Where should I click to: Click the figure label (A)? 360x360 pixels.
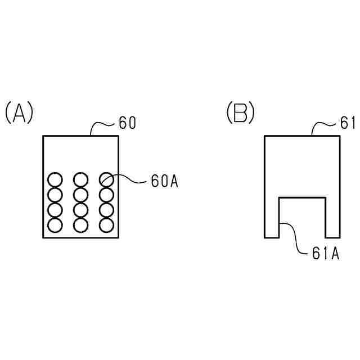point(19,112)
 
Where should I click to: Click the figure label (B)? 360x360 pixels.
point(240,112)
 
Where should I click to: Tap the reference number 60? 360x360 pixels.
point(128,123)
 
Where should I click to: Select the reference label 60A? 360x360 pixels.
point(164,181)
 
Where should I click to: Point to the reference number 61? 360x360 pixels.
point(348,123)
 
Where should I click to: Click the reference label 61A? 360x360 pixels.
point(325,254)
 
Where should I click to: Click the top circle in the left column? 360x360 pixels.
point(55,180)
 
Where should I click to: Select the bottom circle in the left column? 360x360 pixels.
point(55,225)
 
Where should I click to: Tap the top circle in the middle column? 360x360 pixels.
point(80,180)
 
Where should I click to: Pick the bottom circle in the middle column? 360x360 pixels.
point(80,225)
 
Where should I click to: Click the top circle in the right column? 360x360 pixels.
point(106,180)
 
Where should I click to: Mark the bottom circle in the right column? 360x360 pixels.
point(106,225)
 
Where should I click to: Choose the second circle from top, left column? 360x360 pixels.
point(55,195)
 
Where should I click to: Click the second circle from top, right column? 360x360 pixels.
point(106,195)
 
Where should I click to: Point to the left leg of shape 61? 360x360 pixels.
point(272,219)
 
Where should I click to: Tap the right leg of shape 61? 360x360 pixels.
point(332,219)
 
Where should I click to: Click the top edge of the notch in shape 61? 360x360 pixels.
point(302,197)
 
